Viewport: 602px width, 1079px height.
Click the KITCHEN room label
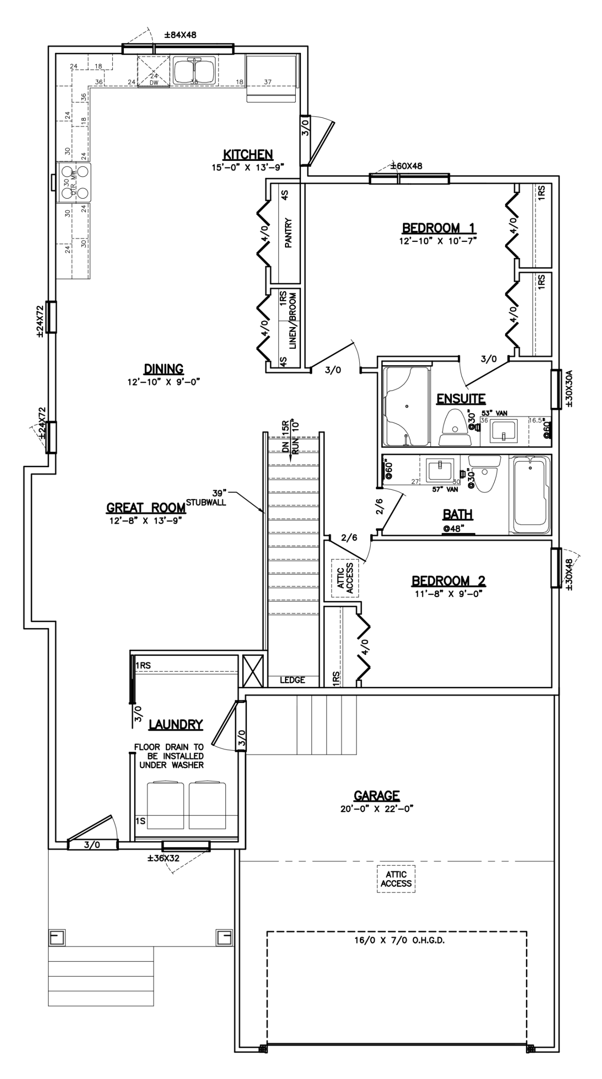point(248,154)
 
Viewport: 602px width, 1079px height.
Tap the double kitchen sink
point(194,71)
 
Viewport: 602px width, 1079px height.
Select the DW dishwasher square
point(153,71)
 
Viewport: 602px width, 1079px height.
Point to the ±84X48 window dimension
point(180,35)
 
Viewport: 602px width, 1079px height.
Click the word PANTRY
point(289,232)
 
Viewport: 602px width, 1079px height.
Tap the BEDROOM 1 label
point(438,229)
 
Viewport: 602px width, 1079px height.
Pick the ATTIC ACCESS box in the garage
point(396,879)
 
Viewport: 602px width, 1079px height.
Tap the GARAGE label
point(377,796)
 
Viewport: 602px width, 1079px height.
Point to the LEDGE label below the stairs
point(293,680)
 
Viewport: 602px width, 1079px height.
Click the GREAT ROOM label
point(146,508)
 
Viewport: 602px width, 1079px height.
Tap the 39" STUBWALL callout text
point(206,497)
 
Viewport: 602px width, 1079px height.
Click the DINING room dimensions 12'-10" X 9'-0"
point(164,382)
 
